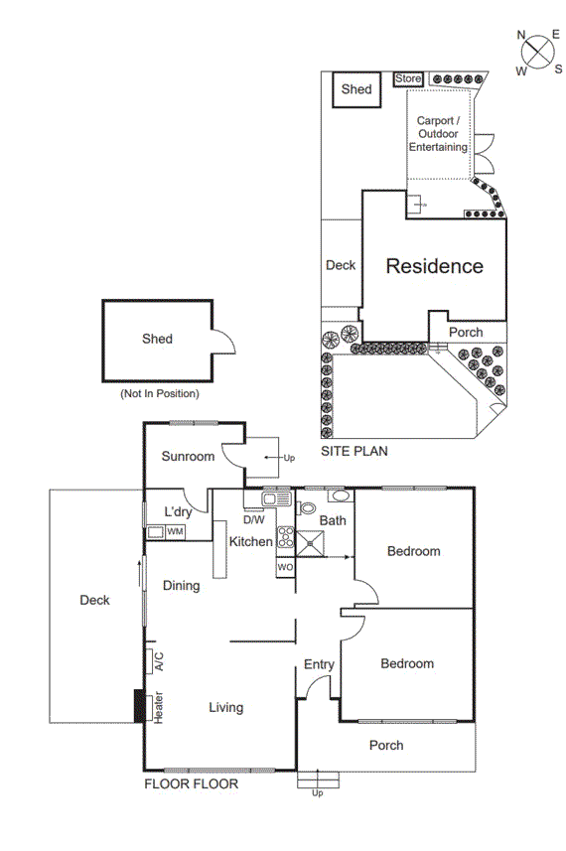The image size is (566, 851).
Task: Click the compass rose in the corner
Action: pyautogui.click(x=537, y=51)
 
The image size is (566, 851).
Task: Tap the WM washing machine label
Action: pyautogui.click(x=175, y=532)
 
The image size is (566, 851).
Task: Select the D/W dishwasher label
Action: pyautogui.click(x=253, y=519)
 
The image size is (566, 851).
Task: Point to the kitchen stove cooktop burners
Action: pyautogui.click(x=286, y=537)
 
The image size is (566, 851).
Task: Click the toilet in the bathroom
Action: pyautogui.click(x=307, y=508)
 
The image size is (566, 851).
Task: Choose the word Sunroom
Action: pyautogui.click(x=189, y=457)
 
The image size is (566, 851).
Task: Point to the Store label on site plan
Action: pyautogui.click(x=409, y=78)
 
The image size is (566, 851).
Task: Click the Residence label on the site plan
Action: pyautogui.click(x=434, y=266)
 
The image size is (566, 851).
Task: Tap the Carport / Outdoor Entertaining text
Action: pyautogui.click(x=442, y=134)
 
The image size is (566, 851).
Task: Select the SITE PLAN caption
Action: pyautogui.click(x=354, y=451)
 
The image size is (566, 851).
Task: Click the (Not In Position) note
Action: pyautogui.click(x=159, y=393)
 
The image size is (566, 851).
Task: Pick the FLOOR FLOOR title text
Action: pyautogui.click(x=191, y=783)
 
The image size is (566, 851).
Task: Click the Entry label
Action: pyautogui.click(x=319, y=664)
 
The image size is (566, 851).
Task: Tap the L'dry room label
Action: pyautogui.click(x=178, y=511)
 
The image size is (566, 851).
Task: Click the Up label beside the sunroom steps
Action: pyautogui.click(x=289, y=458)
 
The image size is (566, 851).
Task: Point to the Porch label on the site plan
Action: pyautogui.click(x=466, y=333)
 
